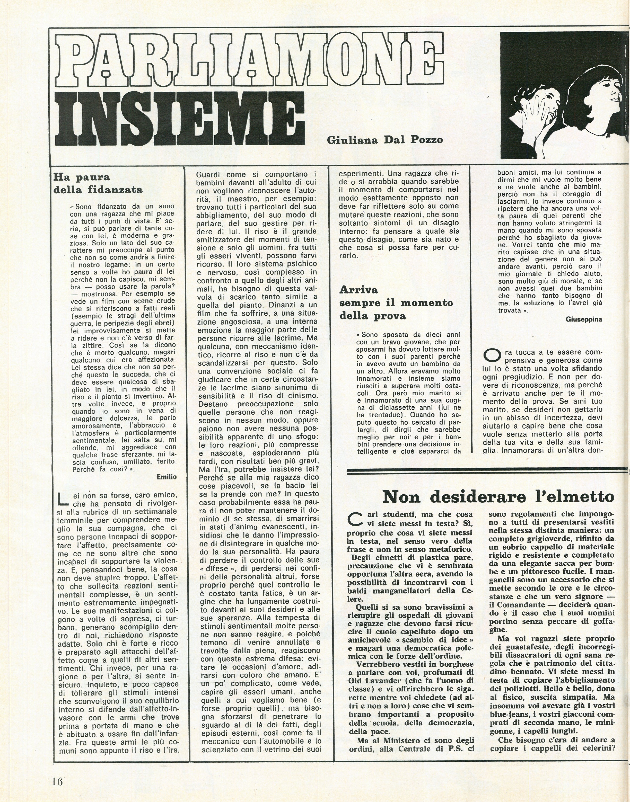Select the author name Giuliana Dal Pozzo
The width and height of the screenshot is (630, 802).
(x=384, y=140)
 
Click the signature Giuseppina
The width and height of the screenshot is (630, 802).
(x=583, y=319)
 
